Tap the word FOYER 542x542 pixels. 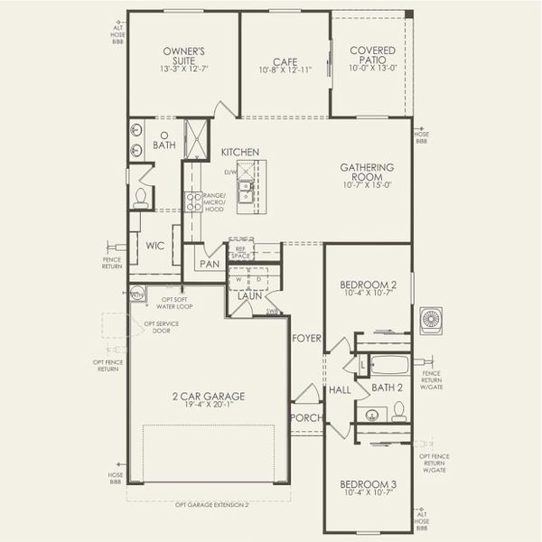point(305,339)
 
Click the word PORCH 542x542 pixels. point(304,418)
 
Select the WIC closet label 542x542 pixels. point(154,246)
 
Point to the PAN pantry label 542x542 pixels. point(210,264)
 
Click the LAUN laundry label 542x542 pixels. point(249,295)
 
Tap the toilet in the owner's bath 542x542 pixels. point(141,199)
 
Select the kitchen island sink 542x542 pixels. point(244,190)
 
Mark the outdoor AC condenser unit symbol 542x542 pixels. point(431,320)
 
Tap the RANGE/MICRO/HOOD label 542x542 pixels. point(214,201)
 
